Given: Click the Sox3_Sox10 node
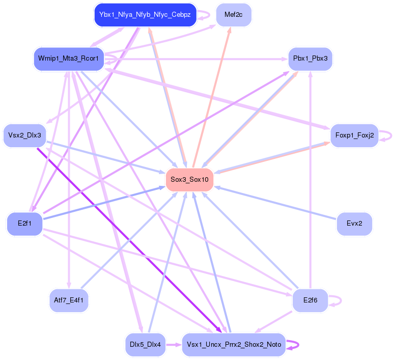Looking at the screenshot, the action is point(189,179).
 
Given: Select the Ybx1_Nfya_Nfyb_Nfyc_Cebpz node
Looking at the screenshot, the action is point(145,15).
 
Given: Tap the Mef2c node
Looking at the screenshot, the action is point(233,15).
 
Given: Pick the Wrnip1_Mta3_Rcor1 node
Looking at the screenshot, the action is point(68,59).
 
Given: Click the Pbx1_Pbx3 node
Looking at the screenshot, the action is point(311,59).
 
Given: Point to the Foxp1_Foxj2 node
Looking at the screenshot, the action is point(354,135).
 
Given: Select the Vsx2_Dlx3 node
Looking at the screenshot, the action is point(24,135).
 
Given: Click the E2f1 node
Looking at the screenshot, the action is point(24,224).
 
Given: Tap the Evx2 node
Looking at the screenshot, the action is point(354,224).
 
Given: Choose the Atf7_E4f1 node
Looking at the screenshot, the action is point(68,300).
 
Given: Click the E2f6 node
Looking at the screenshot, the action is point(310,300).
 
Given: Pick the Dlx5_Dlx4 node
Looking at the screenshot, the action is point(145,345).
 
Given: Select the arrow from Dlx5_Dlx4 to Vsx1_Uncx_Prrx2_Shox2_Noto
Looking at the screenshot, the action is point(173,345).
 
